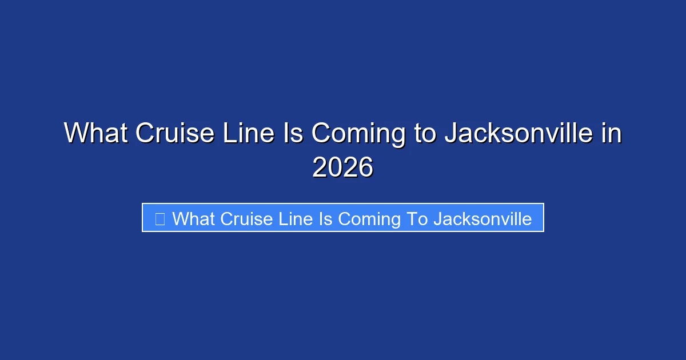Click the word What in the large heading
point(95,134)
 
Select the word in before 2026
point(611,134)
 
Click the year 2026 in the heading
point(342,167)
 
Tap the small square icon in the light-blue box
point(160,218)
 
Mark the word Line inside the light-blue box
point(290,218)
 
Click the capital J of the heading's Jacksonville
point(450,134)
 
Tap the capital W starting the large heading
point(74,134)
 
